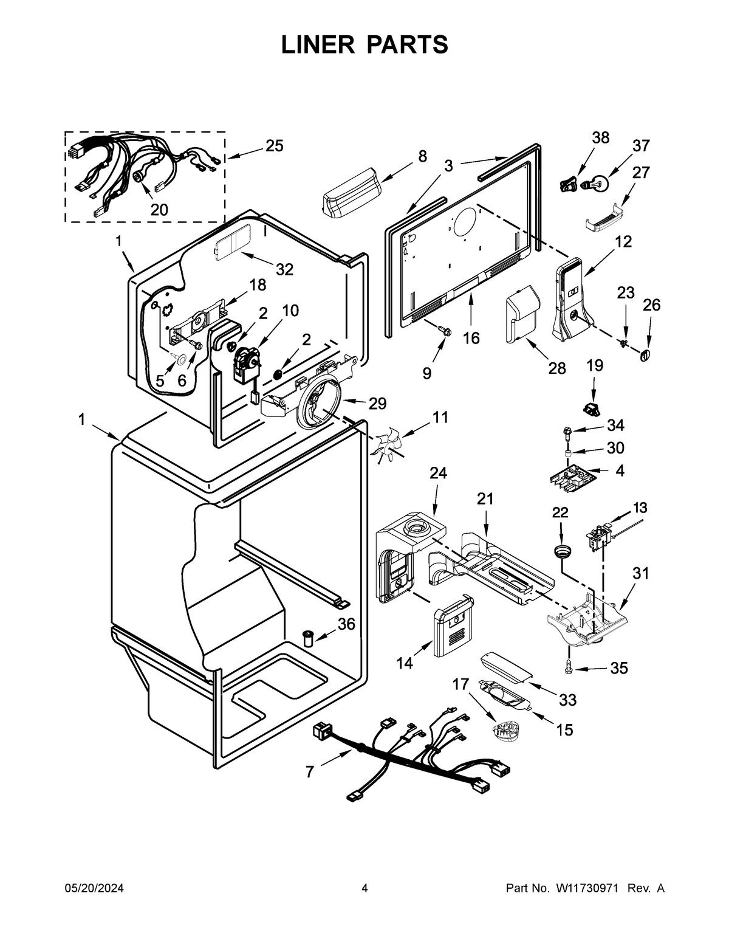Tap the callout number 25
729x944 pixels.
[x=274, y=146]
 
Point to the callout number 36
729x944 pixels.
[x=347, y=624]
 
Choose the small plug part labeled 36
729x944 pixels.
[x=309, y=639]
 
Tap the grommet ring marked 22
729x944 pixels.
[x=562, y=551]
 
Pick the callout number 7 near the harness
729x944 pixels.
[x=310, y=772]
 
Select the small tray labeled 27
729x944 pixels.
[x=603, y=221]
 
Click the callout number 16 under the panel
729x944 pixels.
[x=471, y=338]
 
